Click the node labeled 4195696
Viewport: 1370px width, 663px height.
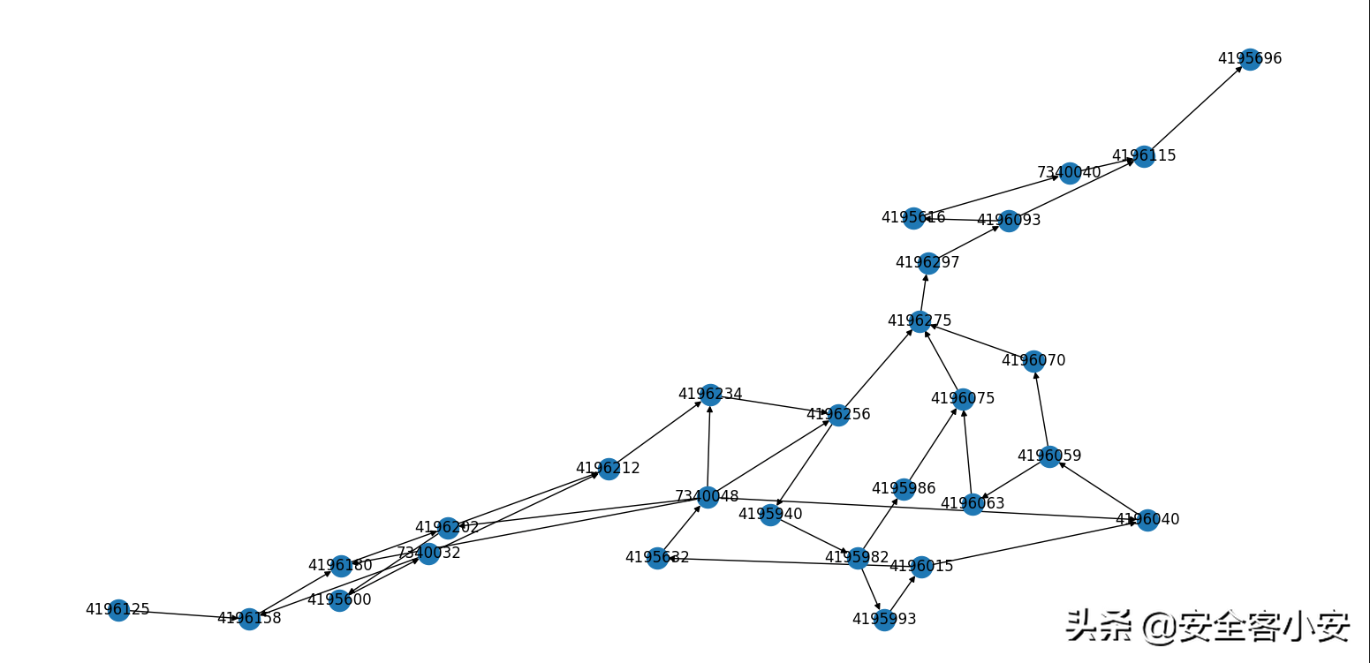point(1250,59)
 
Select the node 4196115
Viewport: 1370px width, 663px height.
point(1144,156)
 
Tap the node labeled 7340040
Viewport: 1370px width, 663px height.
point(1070,172)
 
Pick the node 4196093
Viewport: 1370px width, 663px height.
point(1009,221)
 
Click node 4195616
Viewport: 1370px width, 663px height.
point(913,218)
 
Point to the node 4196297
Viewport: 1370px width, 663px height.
point(927,263)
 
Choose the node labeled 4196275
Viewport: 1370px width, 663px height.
point(920,320)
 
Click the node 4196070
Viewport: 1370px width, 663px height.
point(1033,361)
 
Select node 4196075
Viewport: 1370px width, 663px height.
point(963,399)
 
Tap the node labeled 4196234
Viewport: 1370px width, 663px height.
point(710,395)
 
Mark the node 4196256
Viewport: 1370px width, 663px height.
point(838,415)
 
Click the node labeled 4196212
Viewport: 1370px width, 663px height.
point(608,469)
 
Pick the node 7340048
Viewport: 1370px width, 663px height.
point(707,497)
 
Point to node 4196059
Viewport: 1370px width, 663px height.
point(1049,456)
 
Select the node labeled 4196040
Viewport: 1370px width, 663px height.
point(1147,520)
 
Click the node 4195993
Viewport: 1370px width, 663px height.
point(884,620)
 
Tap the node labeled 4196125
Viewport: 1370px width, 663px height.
point(117,610)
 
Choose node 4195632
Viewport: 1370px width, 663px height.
point(657,558)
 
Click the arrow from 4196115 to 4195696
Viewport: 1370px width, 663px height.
point(1197,108)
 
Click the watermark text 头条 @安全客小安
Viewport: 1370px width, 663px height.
point(1207,626)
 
